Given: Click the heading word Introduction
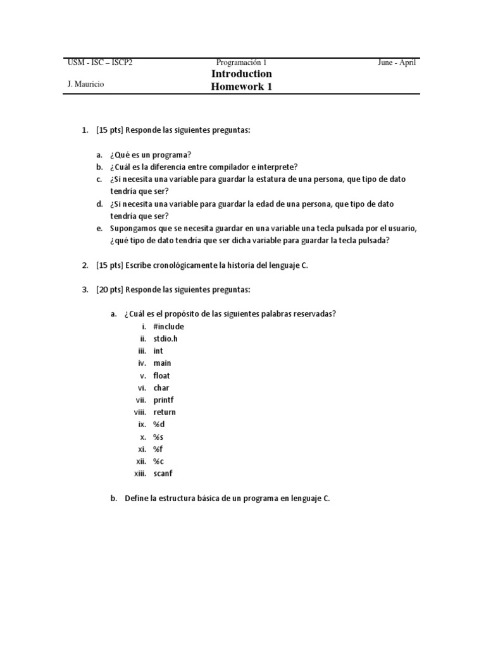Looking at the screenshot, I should coord(242,74).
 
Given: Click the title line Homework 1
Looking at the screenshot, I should coord(242,87).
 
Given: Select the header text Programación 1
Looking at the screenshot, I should coord(242,63).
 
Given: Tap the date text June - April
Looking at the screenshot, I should coord(397,63).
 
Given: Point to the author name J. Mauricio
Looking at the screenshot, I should coord(85,85).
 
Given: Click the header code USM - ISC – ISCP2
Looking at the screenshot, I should coord(99,63).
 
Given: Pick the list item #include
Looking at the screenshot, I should coord(168,327).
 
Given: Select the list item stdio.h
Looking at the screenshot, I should coord(166,339).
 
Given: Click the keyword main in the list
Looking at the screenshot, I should coord(162,363).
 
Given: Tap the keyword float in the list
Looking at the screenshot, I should coord(161,375).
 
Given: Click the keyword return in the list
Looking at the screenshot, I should coord(165,412).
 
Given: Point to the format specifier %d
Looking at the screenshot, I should coord(159,425).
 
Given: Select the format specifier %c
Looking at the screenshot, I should coord(158,461).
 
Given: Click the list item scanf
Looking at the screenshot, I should coord(163,473).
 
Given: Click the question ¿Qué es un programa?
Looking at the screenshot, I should coord(151,155).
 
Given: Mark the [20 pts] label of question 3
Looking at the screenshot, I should coord(109,289).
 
